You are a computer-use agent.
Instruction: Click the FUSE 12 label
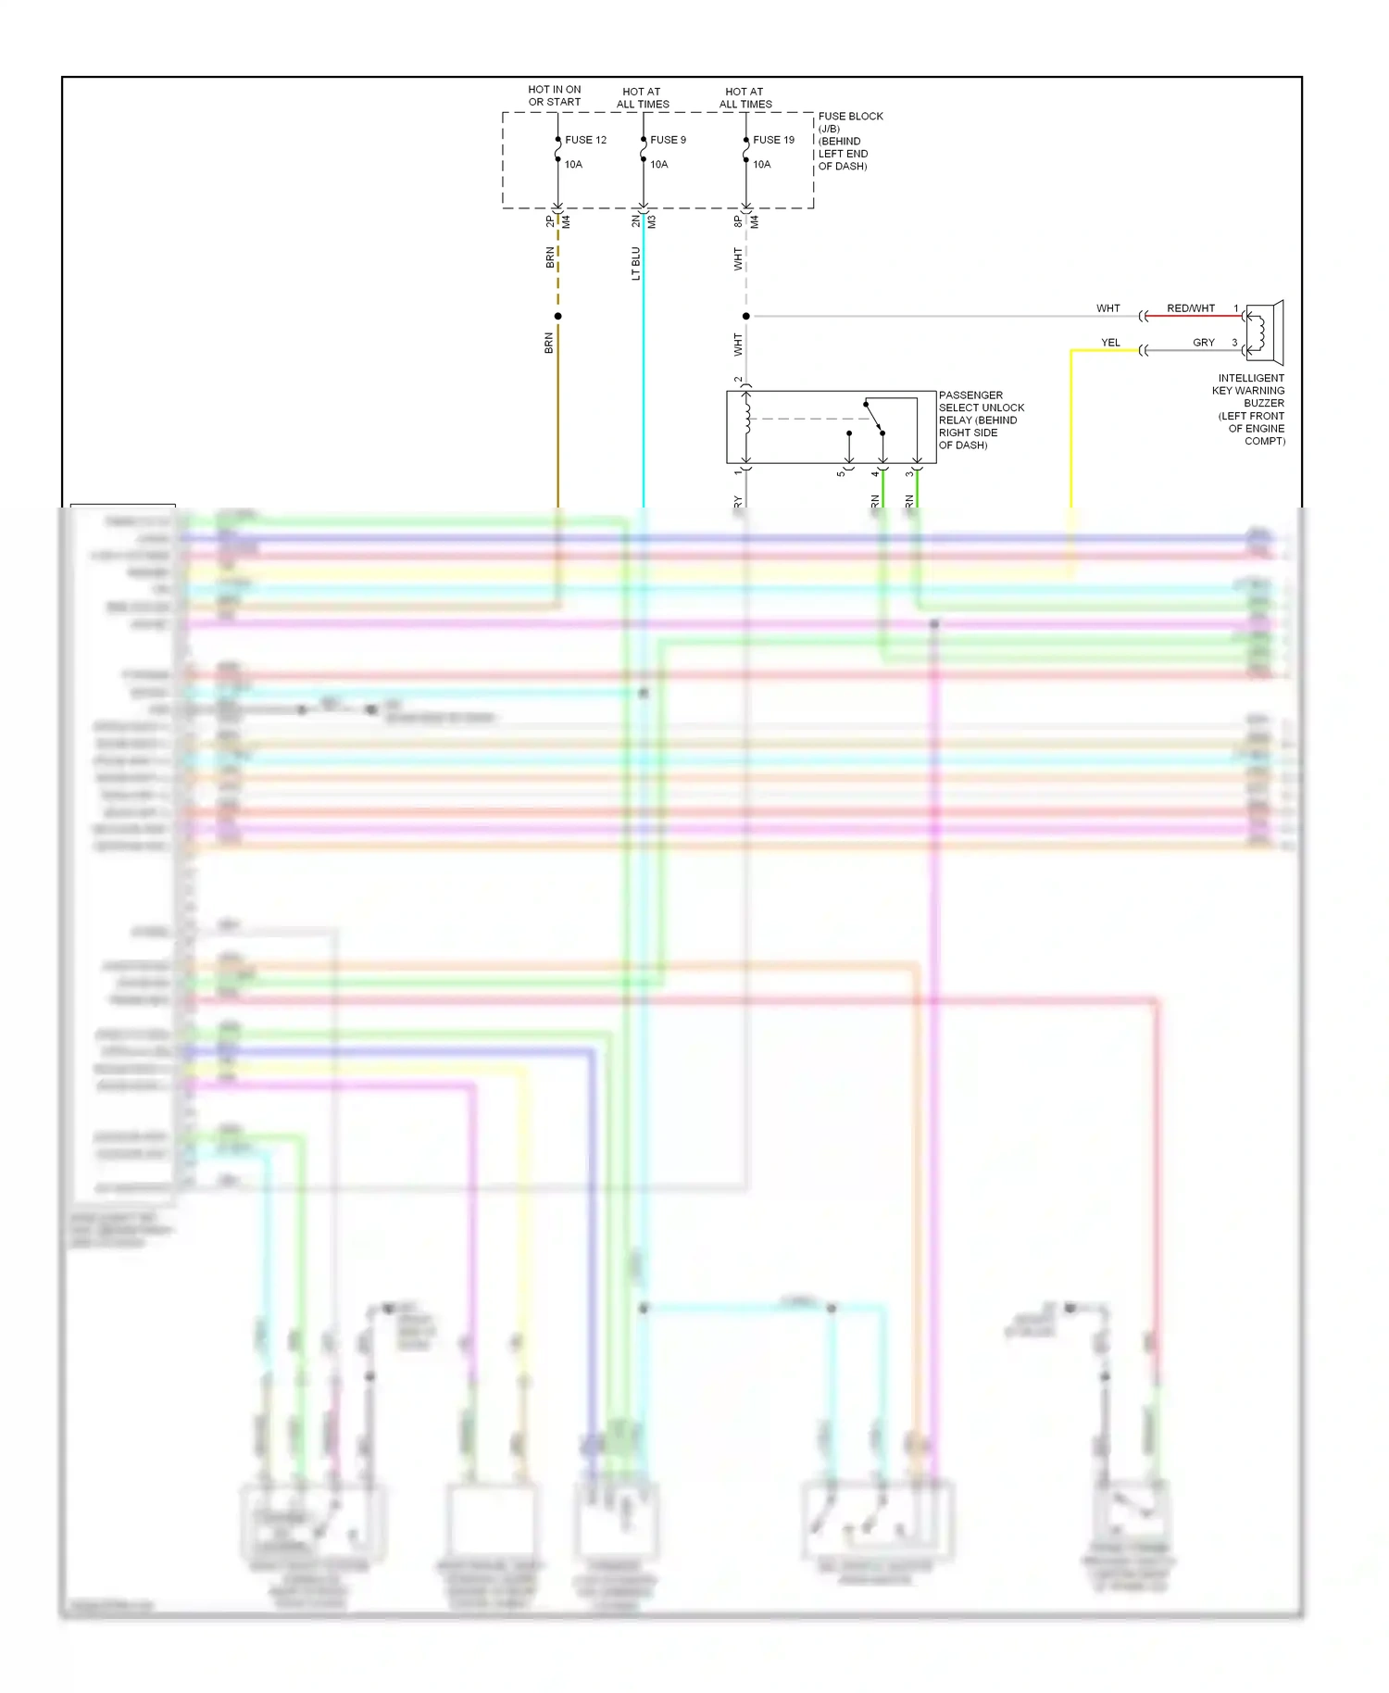tap(585, 140)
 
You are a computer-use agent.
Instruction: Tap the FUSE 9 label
tap(668, 140)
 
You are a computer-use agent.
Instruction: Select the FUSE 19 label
tap(773, 140)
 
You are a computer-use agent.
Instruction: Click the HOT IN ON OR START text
tap(555, 95)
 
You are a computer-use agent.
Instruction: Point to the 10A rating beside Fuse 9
tap(658, 164)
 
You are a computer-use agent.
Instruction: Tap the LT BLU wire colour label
tap(635, 263)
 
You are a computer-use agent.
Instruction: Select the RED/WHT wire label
tap(1190, 308)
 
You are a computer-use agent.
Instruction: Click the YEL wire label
tap(1110, 343)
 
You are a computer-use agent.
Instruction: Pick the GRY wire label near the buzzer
tap(1203, 343)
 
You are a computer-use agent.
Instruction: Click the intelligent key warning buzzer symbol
tap(1263, 332)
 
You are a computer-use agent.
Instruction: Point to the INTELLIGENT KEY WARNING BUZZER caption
tap(1250, 409)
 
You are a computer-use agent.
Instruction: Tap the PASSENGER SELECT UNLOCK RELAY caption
tap(981, 420)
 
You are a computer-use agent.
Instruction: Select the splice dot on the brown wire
tap(557, 316)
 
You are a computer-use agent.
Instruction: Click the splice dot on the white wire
tap(746, 316)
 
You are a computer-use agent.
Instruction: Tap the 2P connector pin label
tap(550, 221)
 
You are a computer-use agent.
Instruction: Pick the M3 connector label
tap(652, 221)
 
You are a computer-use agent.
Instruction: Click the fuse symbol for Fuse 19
tap(746, 150)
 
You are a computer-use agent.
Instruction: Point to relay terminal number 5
tap(841, 473)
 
